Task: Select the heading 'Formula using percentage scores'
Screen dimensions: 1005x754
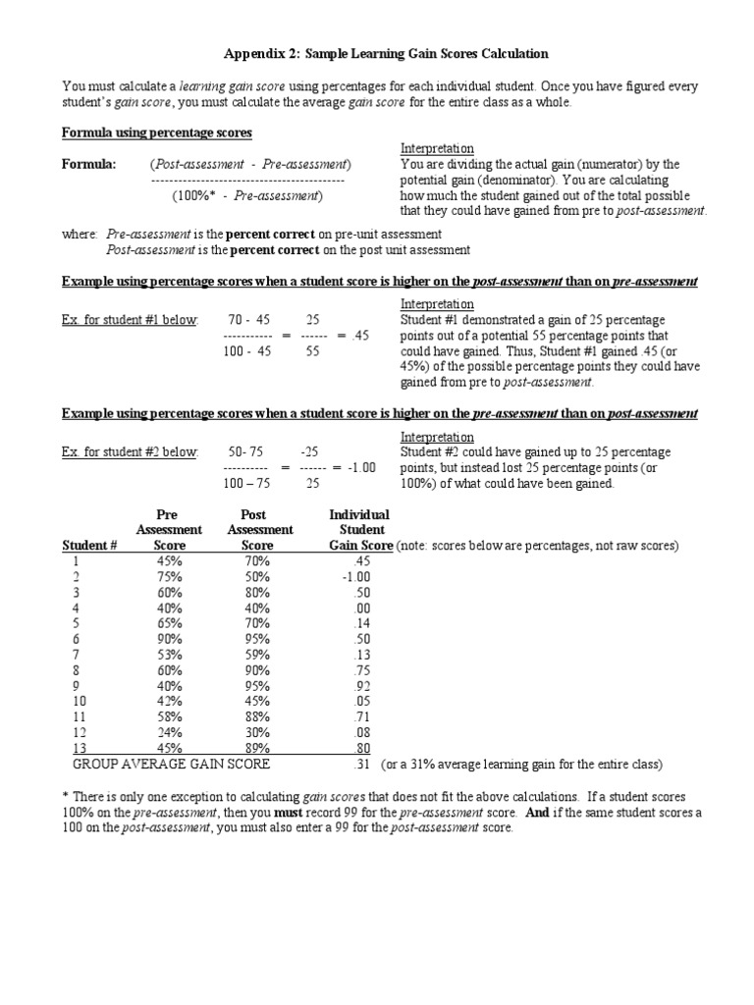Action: click(157, 132)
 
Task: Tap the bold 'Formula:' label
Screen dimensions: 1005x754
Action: click(89, 164)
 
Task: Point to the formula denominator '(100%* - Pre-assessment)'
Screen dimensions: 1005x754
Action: click(247, 195)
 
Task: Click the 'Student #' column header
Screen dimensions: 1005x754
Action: click(90, 545)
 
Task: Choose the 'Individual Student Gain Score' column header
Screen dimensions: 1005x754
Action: click(359, 530)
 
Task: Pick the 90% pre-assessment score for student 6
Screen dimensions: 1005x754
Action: click(169, 638)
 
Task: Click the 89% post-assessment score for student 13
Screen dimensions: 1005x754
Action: click(257, 748)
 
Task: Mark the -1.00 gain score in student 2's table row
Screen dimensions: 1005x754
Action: click(355, 576)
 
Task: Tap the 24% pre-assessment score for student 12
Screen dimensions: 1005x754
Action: click(169, 732)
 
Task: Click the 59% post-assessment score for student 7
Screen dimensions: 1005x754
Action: click(257, 654)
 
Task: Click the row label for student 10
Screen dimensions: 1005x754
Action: click(81, 701)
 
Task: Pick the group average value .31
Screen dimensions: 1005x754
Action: click(359, 764)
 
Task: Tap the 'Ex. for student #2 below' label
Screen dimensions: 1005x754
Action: click(130, 451)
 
